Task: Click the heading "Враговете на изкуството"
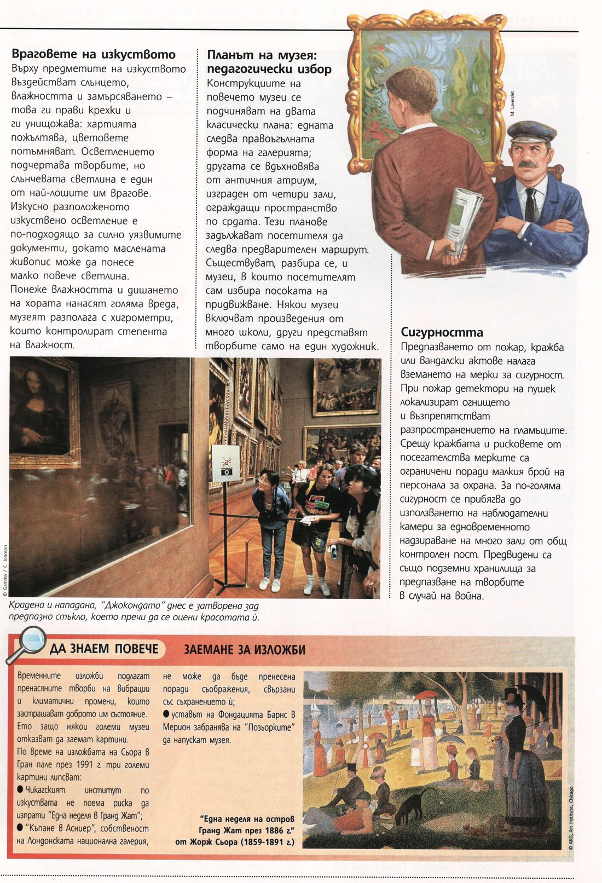94,54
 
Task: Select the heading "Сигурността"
442,332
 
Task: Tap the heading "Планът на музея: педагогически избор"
269,62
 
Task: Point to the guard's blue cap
530,132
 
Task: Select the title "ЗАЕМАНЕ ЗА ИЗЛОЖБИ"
244,650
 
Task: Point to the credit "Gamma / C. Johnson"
5,569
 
